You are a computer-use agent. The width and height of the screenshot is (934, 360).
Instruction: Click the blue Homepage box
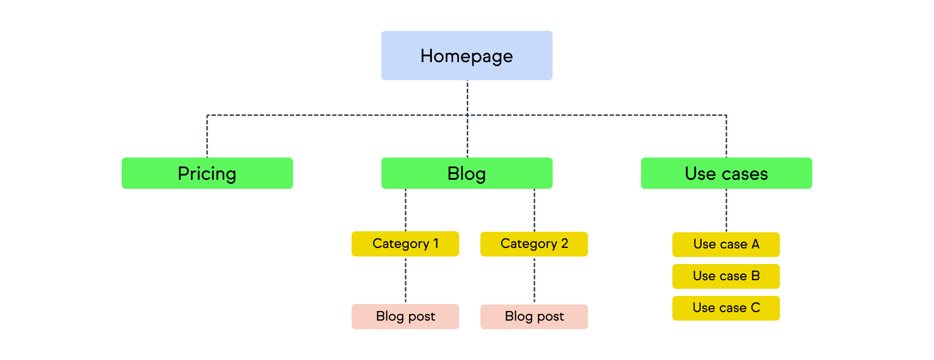[467, 56]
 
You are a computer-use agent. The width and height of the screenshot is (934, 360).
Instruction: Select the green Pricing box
[207, 173]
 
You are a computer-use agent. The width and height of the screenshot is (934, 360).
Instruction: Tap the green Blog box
[467, 173]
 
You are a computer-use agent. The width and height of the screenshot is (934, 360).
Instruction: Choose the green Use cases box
[726, 173]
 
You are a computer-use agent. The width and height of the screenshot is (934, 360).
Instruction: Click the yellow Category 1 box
[405, 244]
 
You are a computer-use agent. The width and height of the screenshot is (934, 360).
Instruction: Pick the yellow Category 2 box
[534, 244]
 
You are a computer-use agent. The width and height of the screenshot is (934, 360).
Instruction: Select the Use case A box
[726, 244]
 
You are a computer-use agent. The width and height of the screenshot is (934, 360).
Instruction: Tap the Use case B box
[726, 276]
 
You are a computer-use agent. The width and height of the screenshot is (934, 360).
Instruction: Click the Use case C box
[726, 308]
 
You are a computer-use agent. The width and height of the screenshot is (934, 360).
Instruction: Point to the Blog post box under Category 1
[405, 317]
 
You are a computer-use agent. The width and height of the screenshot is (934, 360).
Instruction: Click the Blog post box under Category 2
[534, 317]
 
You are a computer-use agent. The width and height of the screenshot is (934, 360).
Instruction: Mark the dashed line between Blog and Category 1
[406, 210]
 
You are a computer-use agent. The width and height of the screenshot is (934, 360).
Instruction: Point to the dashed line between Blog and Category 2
[534, 210]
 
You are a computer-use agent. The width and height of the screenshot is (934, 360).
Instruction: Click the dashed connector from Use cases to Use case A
[726, 211]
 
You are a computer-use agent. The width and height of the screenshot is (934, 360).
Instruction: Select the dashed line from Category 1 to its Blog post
[406, 280]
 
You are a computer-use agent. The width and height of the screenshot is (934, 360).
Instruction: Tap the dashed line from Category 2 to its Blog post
[534, 280]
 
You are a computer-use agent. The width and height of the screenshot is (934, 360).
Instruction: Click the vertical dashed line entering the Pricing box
[207, 136]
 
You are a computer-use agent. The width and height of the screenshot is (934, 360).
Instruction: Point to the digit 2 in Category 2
[564, 244]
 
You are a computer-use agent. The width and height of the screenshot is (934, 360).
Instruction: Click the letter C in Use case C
[755, 308]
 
